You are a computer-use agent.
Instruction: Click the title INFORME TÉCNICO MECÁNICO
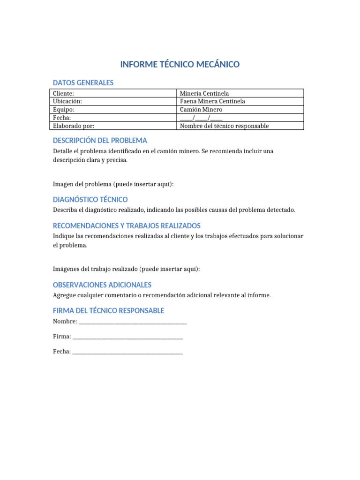(180, 65)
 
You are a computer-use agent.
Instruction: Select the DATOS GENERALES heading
(83, 83)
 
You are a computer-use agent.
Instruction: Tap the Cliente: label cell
(63, 93)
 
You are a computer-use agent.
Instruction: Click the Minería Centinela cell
(204, 93)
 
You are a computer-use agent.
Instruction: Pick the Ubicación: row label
(67, 101)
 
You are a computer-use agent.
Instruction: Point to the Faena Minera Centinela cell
(212, 101)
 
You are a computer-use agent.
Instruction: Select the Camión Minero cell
(201, 109)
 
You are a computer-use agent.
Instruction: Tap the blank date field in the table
(201, 118)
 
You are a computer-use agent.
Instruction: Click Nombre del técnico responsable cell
(224, 126)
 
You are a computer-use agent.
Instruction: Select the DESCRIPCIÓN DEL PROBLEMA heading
(100, 141)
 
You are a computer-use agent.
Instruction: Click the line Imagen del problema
(113, 184)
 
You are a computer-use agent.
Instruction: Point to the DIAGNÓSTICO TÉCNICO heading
(90, 200)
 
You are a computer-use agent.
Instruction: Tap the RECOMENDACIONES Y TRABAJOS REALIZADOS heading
(127, 225)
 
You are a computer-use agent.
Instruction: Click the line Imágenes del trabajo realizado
(126, 269)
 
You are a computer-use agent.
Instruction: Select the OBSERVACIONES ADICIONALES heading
(102, 285)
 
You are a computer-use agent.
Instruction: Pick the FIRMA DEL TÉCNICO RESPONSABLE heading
(108, 311)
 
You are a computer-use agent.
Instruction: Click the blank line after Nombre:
(133, 322)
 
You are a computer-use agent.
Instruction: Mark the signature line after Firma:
(127, 337)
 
